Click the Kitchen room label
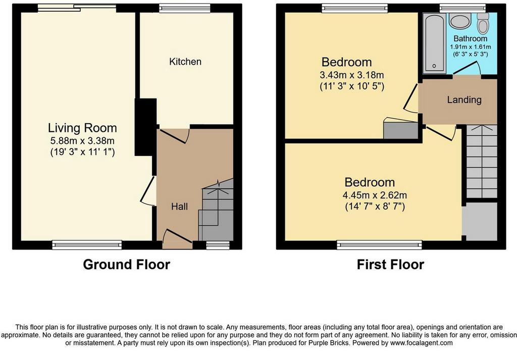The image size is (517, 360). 185,62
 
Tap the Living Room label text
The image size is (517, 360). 82,128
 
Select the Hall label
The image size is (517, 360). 179,207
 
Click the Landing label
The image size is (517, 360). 464,99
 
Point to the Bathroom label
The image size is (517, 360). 470,38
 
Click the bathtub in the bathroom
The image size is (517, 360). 434,43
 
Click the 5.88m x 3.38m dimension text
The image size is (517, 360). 82,141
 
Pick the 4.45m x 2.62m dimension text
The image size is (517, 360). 375,195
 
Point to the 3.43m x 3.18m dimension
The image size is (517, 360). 352,75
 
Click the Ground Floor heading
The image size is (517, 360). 126,265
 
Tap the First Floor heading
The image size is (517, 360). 390,265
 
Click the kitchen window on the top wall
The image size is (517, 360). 185,8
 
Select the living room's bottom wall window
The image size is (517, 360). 87,244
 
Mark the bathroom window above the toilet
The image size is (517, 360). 462,8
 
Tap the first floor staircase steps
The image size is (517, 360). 482,162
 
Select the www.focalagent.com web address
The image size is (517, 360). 422,343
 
